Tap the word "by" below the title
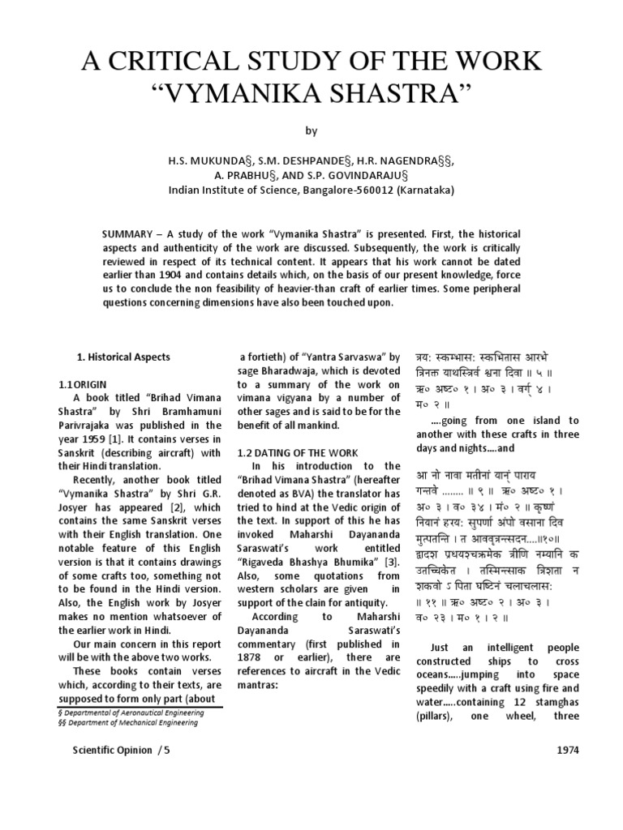[311, 130]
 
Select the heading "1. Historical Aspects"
[123, 357]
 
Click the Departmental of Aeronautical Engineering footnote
[134, 712]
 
